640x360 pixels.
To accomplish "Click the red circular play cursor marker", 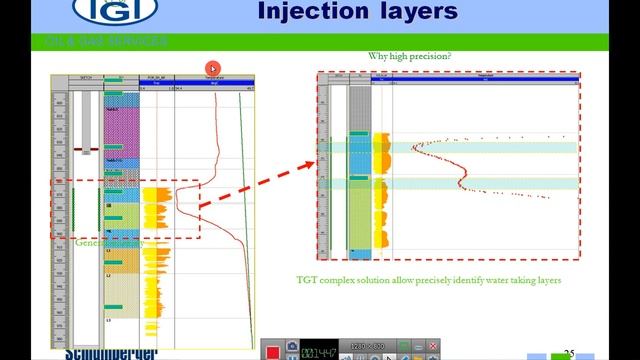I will click(x=212, y=68).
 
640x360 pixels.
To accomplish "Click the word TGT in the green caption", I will click(x=306, y=280).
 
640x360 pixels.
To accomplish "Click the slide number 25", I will click(x=569, y=353).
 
